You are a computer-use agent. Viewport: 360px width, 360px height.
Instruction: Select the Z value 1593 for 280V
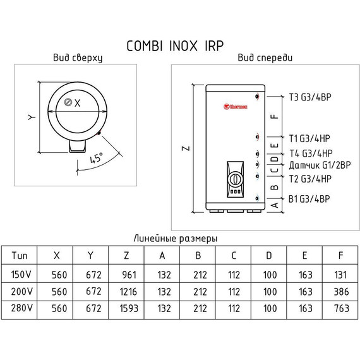(127, 309)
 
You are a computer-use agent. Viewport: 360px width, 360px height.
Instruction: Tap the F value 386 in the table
(341, 292)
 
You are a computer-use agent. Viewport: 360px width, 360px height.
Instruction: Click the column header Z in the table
(127, 256)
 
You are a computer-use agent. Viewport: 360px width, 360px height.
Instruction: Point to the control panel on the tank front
(234, 178)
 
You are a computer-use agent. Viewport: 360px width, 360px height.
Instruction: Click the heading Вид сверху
(77, 58)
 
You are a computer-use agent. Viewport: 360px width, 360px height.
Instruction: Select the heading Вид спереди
(265, 58)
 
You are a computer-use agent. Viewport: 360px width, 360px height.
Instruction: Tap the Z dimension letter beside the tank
(184, 150)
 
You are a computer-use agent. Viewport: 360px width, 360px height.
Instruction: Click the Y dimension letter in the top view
(30, 117)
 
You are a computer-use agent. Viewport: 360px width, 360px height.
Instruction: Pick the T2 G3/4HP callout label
(310, 179)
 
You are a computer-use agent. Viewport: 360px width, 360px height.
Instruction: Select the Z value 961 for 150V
(127, 274)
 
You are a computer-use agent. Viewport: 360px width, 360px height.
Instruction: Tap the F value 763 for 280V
(341, 309)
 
